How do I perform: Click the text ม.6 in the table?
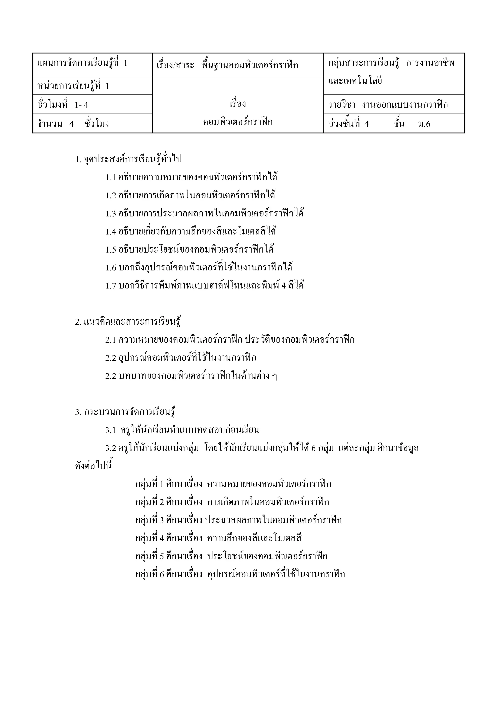[424, 124]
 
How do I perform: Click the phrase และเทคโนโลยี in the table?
[355, 81]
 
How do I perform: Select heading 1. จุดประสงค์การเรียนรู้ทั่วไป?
[129, 159]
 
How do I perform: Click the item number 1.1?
[111, 178]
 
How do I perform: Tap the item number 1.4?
[111, 232]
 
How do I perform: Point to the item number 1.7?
[111, 286]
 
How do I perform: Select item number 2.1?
[111, 340]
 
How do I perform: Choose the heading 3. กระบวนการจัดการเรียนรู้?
[125, 412]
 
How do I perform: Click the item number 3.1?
[111, 430]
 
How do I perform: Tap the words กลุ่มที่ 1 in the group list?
[150, 484]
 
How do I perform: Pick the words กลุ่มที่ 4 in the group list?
[150, 538]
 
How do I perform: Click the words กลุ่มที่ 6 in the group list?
[150, 574]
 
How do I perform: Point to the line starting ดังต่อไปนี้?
[94, 466]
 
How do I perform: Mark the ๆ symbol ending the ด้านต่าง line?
[274, 376]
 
